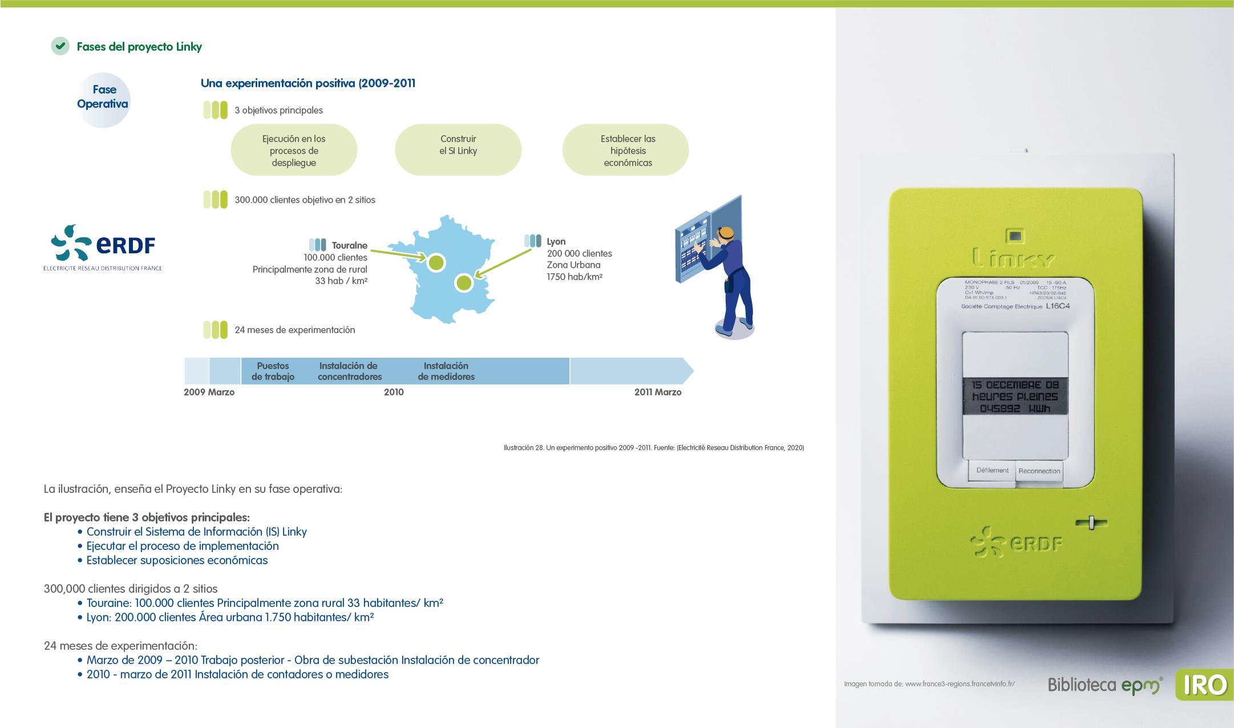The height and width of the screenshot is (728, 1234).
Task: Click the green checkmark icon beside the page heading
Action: pyautogui.click(x=60, y=46)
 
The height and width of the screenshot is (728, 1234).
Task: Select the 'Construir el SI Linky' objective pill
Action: pyautogui.click(x=458, y=149)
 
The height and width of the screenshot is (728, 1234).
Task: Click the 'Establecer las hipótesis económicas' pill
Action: pyautogui.click(x=625, y=150)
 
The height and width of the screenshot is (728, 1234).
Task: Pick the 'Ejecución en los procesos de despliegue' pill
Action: pyautogui.click(x=294, y=150)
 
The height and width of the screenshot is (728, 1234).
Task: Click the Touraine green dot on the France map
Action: pyautogui.click(x=436, y=262)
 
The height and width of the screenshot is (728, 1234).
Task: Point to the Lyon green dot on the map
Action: pyautogui.click(x=464, y=282)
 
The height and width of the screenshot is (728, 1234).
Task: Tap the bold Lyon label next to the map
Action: pyautogui.click(x=556, y=241)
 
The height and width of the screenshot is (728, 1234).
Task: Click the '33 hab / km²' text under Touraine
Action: pyautogui.click(x=341, y=281)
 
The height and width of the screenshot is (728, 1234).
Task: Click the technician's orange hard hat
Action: pyautogui.click(x=726, y=232)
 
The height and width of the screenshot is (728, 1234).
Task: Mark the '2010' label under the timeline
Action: pyautogui.click(x=394, y=392)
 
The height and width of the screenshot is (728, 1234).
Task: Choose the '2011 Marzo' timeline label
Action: pyautogui.click(x=658, y=392)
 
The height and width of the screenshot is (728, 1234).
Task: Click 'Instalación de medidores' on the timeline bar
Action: pyautogui.click(x=446, y=371)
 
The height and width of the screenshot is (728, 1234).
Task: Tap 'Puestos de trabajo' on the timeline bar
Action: pyautogui.click(x=273, y=371)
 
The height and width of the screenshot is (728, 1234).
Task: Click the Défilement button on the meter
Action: pyautogui.click(x=992, y=471)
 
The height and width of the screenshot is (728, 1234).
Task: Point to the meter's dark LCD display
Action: pyautogui.click(x=1015, y=397)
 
